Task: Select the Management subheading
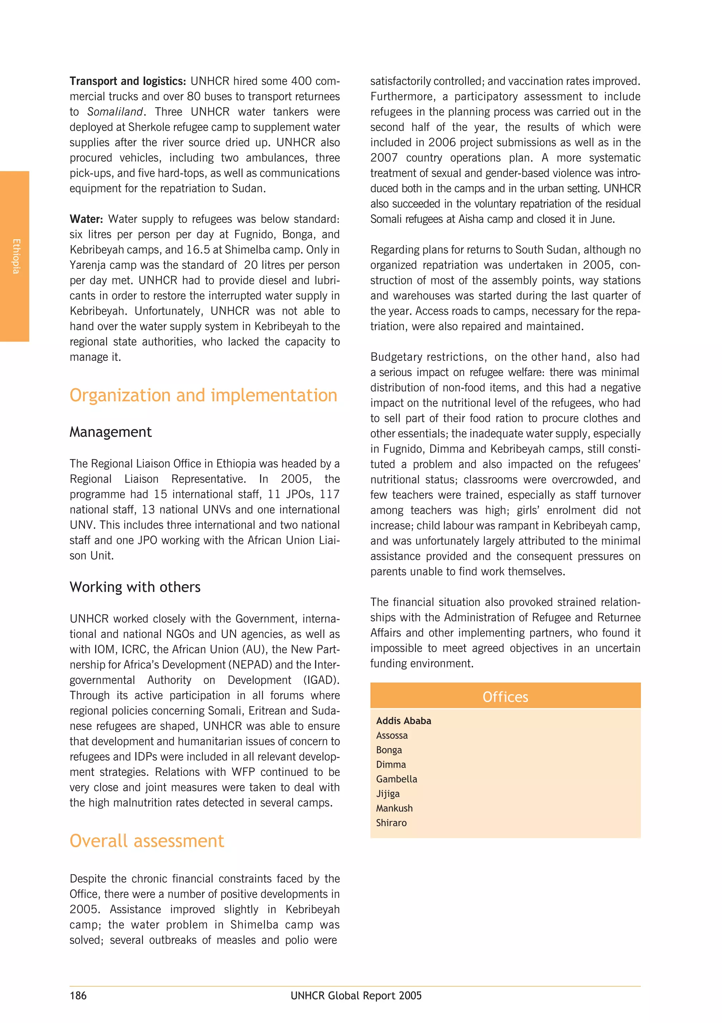110,432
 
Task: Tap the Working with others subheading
135,587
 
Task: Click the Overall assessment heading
147,841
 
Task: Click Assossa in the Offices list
392,736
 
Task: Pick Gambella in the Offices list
396,779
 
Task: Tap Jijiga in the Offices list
387,794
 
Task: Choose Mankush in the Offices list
394,808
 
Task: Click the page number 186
78,996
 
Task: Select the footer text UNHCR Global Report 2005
356,996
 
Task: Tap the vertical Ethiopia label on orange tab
16,256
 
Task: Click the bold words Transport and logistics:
127,81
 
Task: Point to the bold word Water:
86,219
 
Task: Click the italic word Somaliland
115,112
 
